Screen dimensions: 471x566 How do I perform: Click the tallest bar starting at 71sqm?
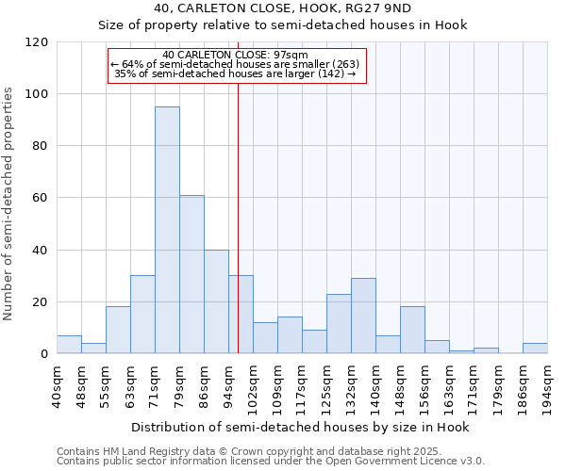tap(167, 230)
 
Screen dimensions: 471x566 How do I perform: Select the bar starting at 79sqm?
tap(191, 274)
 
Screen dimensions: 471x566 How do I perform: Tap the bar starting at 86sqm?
tap(216, 301)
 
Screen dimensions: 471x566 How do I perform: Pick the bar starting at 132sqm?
tap(363, 316)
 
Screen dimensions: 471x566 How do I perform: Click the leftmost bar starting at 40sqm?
tap(69, 345)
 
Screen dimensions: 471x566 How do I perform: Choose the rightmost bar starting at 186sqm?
tap(535, 349)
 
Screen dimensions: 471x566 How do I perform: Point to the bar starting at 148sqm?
tap(412, 330)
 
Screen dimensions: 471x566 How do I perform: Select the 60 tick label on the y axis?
tap(41, 198)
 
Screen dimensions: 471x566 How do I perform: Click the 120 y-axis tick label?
tap(37, 42)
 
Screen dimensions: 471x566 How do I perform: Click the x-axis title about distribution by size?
tap(300, 427)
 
